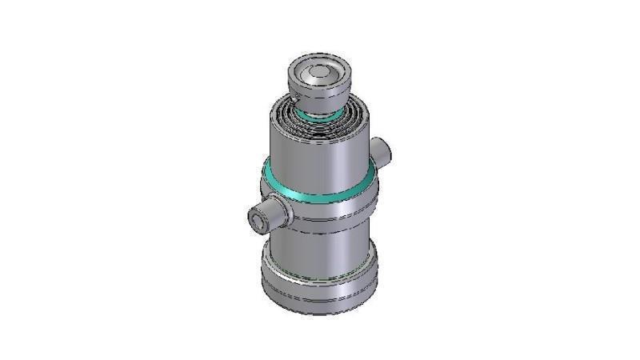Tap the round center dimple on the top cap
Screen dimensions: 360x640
coord(318,73)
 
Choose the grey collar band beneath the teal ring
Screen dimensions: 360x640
coord(320,208)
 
